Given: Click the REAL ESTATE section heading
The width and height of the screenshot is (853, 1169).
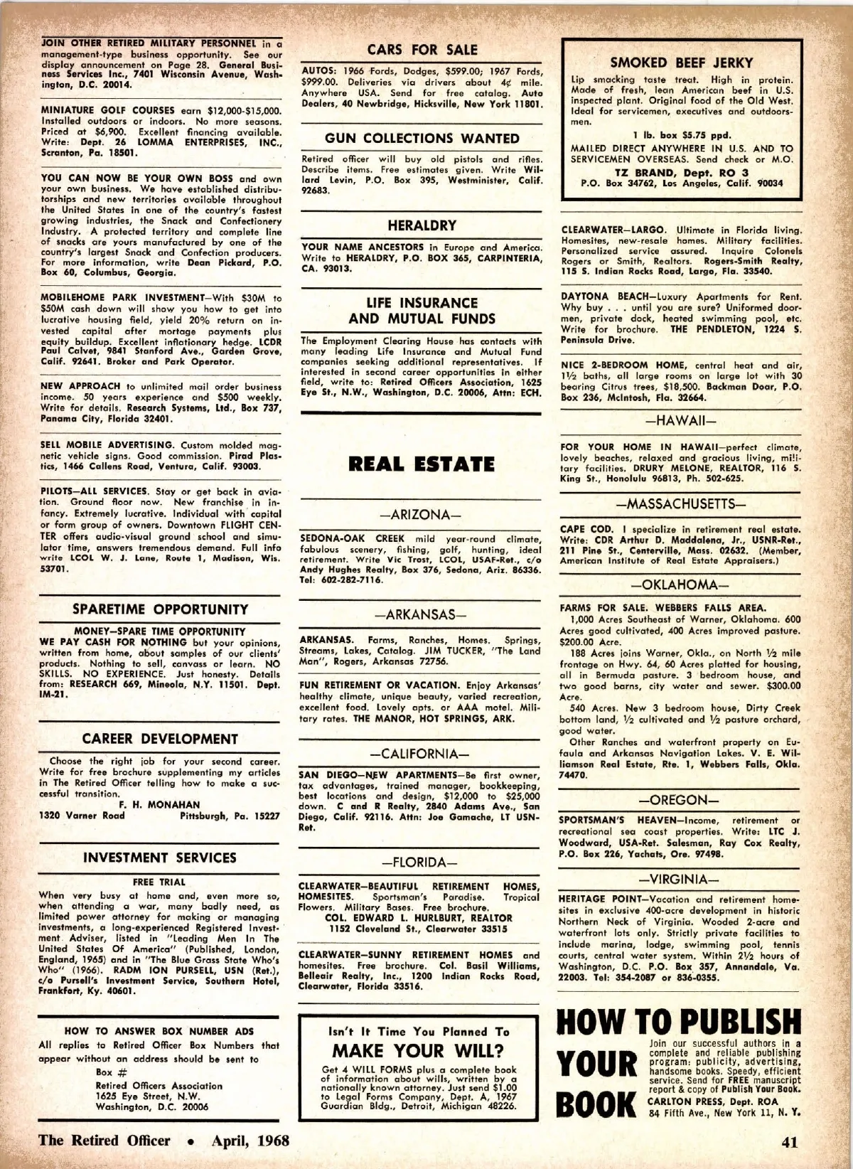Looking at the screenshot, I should (422, 464).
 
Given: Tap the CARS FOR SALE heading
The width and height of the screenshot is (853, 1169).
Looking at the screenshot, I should (422, 50).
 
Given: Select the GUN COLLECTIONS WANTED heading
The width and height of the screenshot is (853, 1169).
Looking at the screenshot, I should (422, 138).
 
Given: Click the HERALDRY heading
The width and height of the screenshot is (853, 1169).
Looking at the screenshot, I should (422, 225).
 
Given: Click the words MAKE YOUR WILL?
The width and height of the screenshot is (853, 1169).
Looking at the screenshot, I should (419, 1051).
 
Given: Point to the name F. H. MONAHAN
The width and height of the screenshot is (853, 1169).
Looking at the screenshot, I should (159, 805).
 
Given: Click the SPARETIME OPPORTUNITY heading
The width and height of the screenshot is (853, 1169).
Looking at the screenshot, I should (161, 609).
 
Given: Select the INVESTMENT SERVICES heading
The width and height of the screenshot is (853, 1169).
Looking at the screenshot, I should (160, 858).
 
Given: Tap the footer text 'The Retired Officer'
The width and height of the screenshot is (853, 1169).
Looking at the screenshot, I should (104, 1141).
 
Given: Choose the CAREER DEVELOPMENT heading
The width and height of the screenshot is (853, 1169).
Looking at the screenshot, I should (160, 739).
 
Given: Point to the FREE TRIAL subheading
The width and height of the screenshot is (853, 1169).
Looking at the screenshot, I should (159, 882).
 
